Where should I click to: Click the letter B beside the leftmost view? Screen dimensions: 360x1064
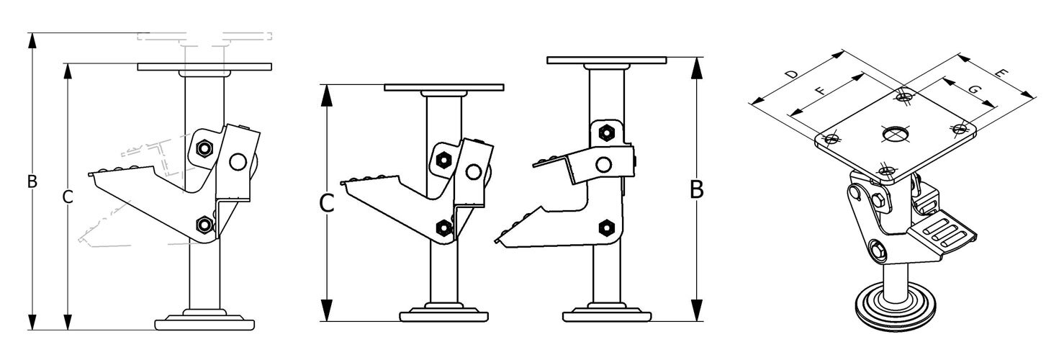(32, 181)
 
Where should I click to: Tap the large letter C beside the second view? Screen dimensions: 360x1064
(326, 204)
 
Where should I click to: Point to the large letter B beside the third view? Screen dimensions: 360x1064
(696, 190)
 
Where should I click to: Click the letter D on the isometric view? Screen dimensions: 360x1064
(790, 74)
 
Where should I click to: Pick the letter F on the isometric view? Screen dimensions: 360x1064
(819, 91)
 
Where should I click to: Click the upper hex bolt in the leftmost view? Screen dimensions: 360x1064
(204, 148)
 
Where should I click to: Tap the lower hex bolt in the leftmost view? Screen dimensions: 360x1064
(204, 225)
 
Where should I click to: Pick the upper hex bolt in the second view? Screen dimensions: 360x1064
(443, 158)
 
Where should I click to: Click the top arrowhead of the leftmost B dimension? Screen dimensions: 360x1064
(32, 40)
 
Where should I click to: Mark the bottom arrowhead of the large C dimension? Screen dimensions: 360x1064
(326, 313)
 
